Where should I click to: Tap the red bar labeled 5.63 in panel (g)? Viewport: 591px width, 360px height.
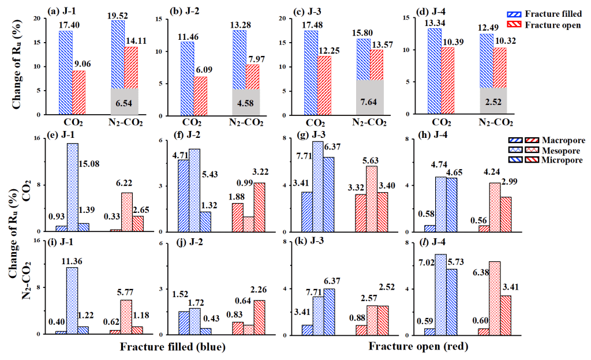pyautogui.click(x=372, y=198)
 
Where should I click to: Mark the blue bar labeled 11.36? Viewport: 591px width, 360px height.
pyautogui.click(x=72, y=301)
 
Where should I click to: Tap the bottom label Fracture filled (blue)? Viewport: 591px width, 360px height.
pyautogui.click(x=172, y=348)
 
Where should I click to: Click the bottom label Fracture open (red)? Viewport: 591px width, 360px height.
pyautogui.click(x=418, y=347)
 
